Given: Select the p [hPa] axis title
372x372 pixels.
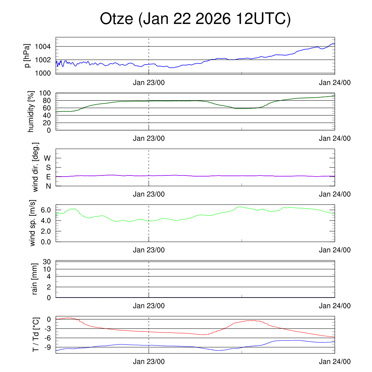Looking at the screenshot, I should tap(27, 56).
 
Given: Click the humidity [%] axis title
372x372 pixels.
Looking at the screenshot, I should tap(32, 112).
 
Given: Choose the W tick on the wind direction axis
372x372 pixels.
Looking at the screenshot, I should tap(48, 158).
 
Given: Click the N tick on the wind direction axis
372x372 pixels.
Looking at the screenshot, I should tap(48, 186).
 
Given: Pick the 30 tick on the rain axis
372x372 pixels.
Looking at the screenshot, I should tap(47, 262).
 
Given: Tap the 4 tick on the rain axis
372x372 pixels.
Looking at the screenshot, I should tap(49, 276).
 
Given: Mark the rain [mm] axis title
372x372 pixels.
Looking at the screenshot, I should tap(35, 279).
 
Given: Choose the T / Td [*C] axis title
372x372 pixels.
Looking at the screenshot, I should tap(36, 335).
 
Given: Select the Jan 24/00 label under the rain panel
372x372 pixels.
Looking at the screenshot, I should tap(335, 306).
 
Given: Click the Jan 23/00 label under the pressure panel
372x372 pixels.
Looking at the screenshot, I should tap(149, 82).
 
